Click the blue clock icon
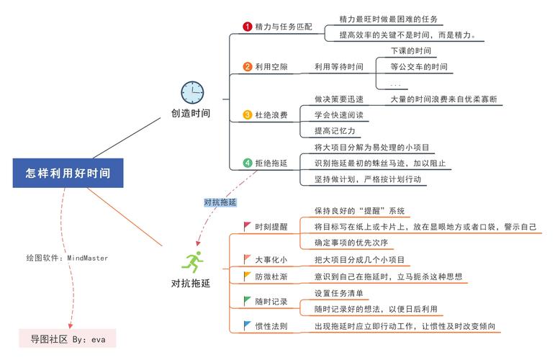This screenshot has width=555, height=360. (192, 92)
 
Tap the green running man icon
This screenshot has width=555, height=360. (192, 262)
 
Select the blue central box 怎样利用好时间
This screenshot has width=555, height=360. (68, 173)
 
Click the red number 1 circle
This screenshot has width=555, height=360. (247, 27)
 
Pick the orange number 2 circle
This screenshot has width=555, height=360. (247, 66)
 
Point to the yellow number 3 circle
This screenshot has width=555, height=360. (247, 114)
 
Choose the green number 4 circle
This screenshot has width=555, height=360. (247, 163)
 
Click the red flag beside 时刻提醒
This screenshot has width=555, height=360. (247, 227)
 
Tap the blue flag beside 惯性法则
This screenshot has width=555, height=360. (247, 325)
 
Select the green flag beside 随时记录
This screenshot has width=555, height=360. (247, 301)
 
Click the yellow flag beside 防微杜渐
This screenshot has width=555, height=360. (247, 276)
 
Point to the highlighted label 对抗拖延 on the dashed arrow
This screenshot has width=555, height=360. (220, 202)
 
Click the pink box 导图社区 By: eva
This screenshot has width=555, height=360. (68, 338)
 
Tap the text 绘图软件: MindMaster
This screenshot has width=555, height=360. (67, 258)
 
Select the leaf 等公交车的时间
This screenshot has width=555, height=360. (419, 66)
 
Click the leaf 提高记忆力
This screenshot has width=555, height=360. (335, 130)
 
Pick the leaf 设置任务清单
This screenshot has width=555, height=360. (339, 293)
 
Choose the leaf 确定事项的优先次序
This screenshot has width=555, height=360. (351, 243)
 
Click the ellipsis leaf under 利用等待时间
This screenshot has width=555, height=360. (395, 85)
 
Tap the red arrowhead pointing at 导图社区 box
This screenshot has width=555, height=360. (71, 325)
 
